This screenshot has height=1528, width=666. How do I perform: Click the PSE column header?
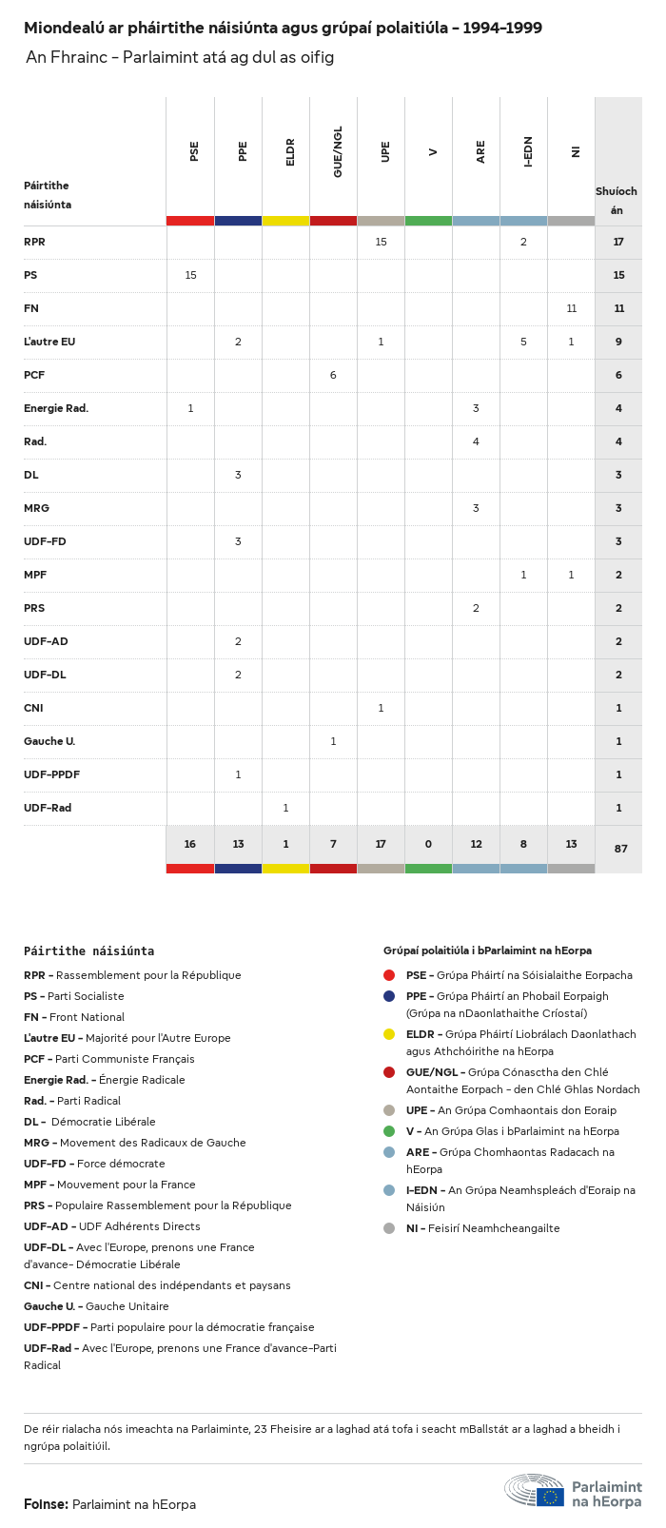tap(194, 151)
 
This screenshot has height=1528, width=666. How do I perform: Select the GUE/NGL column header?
tap(338, 151)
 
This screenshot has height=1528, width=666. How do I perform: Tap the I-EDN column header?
tap(528, 151)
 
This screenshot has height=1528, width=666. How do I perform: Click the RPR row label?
tap(34, 242)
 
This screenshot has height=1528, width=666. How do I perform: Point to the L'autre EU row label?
tap(49, 342)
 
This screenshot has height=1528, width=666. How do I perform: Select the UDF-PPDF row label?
tap(51, 774)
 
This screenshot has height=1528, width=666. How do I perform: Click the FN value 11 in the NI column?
tap(571, 308)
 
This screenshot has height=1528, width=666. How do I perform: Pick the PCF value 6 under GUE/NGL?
tap(333, 375)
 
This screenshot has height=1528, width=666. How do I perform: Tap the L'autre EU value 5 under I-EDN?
tap(523, 342)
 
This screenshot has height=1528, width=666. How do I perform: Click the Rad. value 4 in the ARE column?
tap(476, 441)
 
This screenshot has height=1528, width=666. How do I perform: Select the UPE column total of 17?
tap(381, 844)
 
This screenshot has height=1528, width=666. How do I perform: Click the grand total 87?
tap(620, 849)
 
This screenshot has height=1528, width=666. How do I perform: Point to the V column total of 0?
tap(428, 844)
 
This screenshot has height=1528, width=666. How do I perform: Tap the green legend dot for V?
tap(389, 1131)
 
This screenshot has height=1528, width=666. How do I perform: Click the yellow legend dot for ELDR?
tap(389, 1034)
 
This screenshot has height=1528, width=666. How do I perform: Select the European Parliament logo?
tap(573, 1491)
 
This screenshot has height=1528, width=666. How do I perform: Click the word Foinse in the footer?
tap(46, 1504)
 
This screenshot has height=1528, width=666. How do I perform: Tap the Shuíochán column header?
tap(617, 201)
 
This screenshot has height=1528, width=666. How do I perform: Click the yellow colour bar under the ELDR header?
tap(285, 221)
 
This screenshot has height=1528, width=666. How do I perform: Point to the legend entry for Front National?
tap(74, 1017)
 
